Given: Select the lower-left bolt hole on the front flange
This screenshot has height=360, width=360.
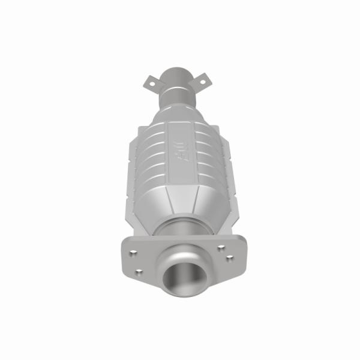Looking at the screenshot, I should (x=139, y=271).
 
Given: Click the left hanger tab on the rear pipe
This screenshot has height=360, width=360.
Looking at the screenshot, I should (x=152, y=81).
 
